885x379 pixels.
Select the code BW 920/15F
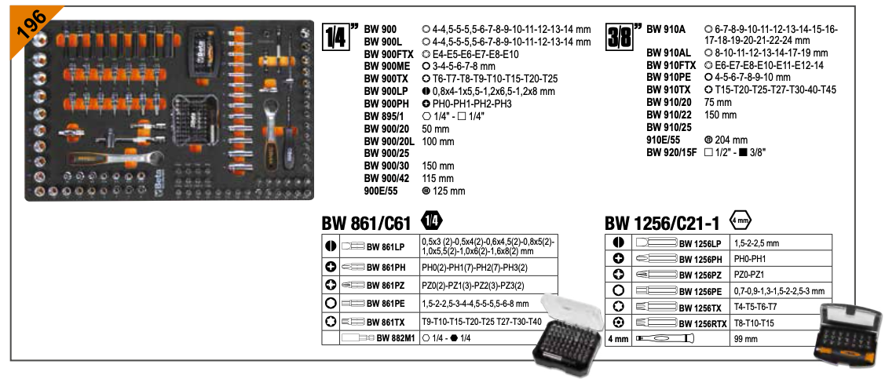click(x=671, y=152)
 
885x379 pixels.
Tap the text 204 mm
click(x=726, y=140)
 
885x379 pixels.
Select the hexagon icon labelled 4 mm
click(x=741, y=221)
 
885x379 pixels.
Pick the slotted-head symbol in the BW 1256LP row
click(x=619, y=242)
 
